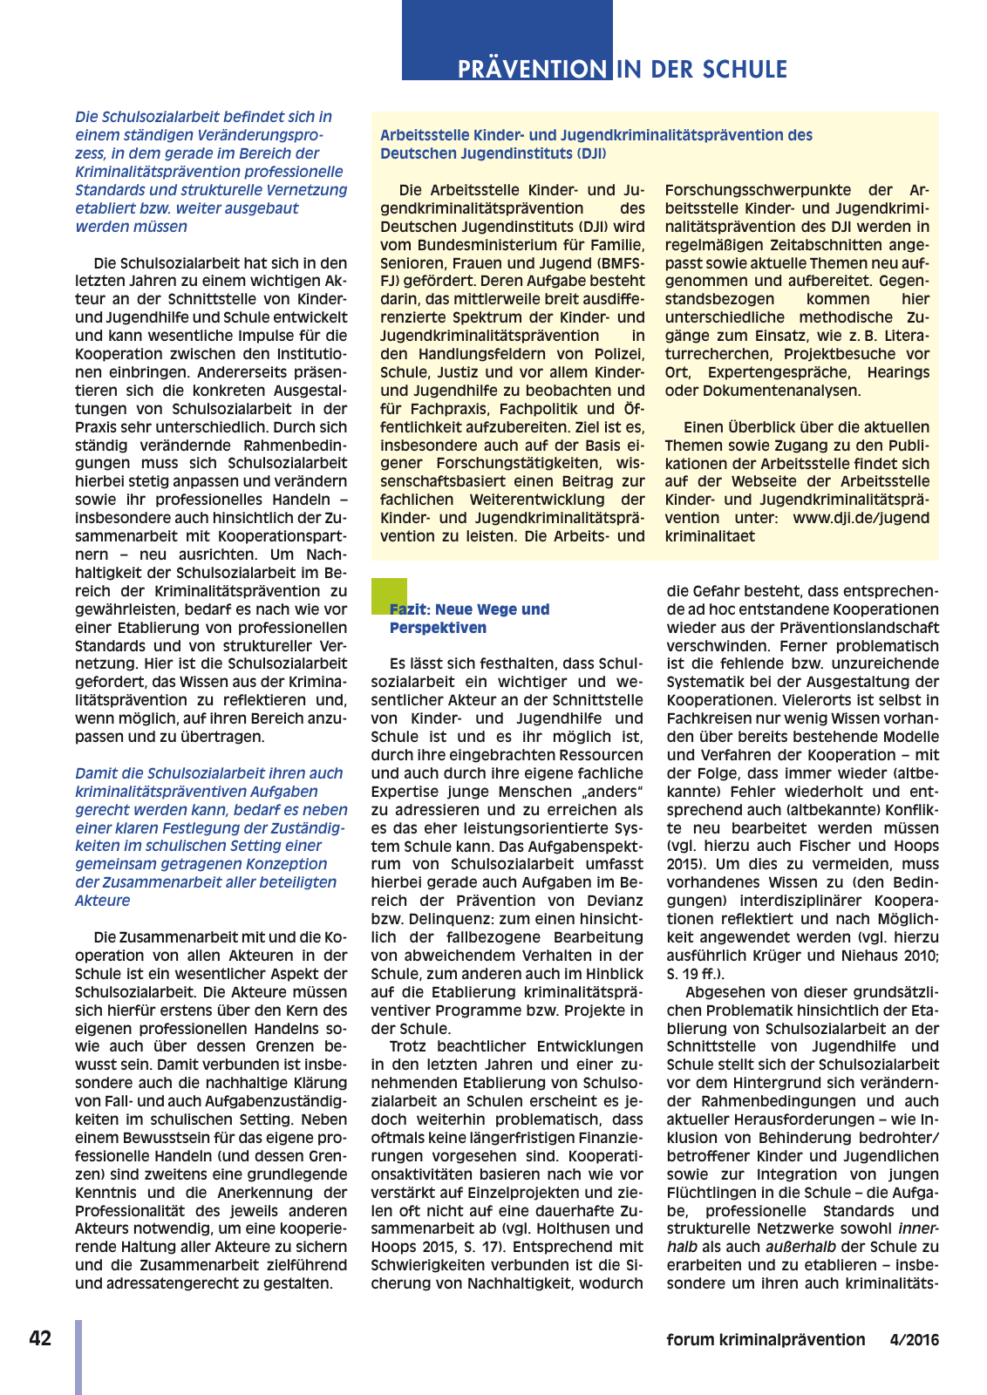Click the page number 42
pyautogui.click(x=40, y=1338)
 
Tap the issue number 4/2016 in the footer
pyautogui.click(x=914, y=1340)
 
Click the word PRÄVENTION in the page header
pyautogui.click(x=532, y=70)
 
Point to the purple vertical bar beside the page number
pyautogui.click(x=78, y=1357)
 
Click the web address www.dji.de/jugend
pyautogui.click(x=861, y=518)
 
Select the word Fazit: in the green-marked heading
pyautogui.click(x=410, y=609)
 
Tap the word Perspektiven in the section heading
pyautogui.click(x=438, y=628)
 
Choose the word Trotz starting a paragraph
pyautogui.click(x=409, y=1046)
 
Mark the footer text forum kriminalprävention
pyautogui.click(x=766, y=1340)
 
